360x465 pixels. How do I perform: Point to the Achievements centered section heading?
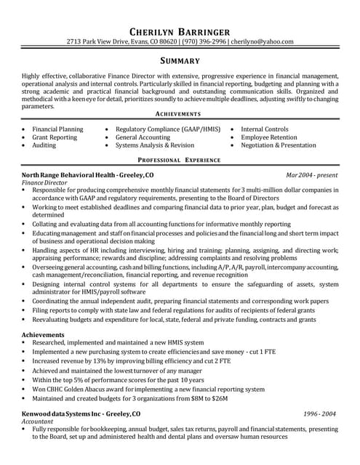[x=180, y=115]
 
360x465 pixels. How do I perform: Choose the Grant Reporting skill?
[x=55, y=137]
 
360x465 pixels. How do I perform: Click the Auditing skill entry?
[x=44, y=145]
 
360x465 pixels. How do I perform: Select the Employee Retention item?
[x=269, y=137]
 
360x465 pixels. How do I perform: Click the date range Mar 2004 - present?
[x=312, y=176]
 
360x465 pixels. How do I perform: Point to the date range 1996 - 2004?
[x=320, y=413]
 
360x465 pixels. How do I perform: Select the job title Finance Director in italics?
[x=44, y=183]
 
